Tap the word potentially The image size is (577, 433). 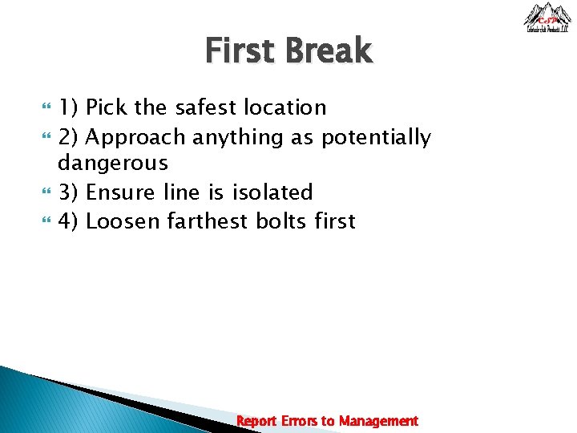(x=376, y=138)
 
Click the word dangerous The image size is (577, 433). (x=113, y=164)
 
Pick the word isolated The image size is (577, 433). (x=272, y=192)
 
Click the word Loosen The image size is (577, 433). (x=123, y=221)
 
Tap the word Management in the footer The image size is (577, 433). (x=378, y=421)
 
